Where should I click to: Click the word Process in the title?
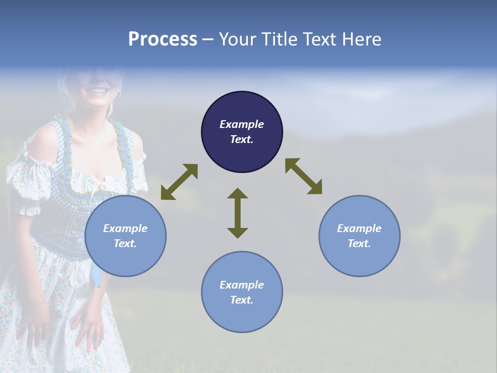163,39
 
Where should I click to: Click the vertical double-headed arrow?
238,213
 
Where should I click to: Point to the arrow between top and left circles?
179,182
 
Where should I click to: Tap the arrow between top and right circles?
303,176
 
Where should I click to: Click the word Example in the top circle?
242,124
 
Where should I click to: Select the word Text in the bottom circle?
241,300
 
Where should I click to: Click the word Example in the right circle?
359,228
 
